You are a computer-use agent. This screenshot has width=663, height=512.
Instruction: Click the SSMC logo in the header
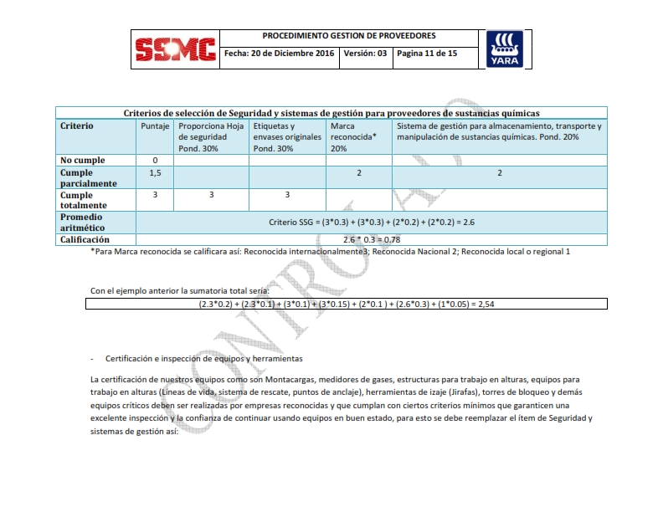175,50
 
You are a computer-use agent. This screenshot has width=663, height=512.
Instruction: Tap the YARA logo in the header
505,49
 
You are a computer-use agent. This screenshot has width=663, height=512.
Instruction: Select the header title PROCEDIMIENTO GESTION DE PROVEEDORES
348,37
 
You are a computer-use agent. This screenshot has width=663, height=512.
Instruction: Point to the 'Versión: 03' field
365,54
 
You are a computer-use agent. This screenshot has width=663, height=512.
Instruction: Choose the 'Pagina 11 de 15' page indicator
427,54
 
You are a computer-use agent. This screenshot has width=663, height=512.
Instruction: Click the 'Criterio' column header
77,126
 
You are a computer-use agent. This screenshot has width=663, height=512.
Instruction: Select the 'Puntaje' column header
155,126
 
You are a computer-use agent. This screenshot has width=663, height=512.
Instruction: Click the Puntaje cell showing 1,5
155,172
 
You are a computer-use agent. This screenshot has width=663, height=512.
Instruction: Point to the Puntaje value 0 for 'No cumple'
155,160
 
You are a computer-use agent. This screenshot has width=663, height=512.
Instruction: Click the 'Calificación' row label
85,239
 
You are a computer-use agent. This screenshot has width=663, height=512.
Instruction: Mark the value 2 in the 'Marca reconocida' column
358,172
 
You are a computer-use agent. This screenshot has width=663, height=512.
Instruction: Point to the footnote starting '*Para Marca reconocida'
331,251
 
